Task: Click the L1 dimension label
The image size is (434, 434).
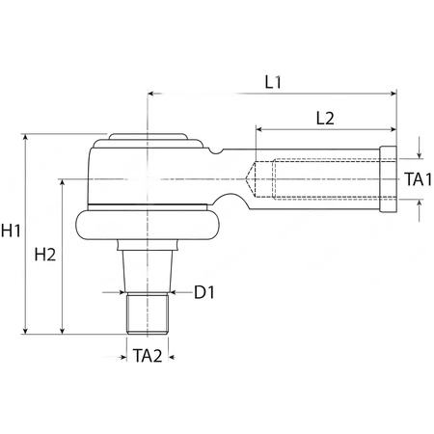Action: (x=273, y=82)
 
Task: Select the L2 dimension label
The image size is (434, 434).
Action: (x=325, y=119)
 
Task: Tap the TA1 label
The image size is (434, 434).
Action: (x=418, y=179)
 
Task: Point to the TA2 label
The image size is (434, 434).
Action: (x=148, y=356)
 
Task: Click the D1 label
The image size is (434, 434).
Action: (x=204, y=292)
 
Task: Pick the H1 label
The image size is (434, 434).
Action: (x=11, y=231)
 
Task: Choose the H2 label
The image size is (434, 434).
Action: (x=45, y=255)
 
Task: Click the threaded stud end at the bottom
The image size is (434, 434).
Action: (x=148, y=313)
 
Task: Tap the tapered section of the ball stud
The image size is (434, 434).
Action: (x=148, y=271)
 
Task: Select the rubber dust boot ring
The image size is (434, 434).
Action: (x=148, y=225)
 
